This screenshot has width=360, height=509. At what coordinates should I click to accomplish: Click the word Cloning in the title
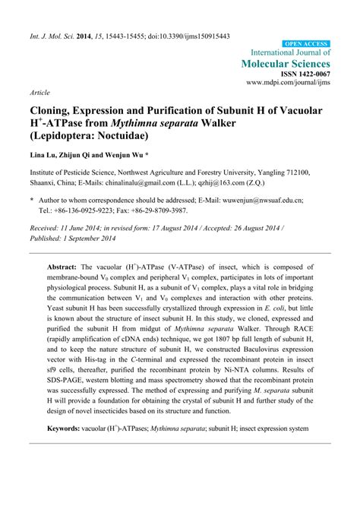54,111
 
